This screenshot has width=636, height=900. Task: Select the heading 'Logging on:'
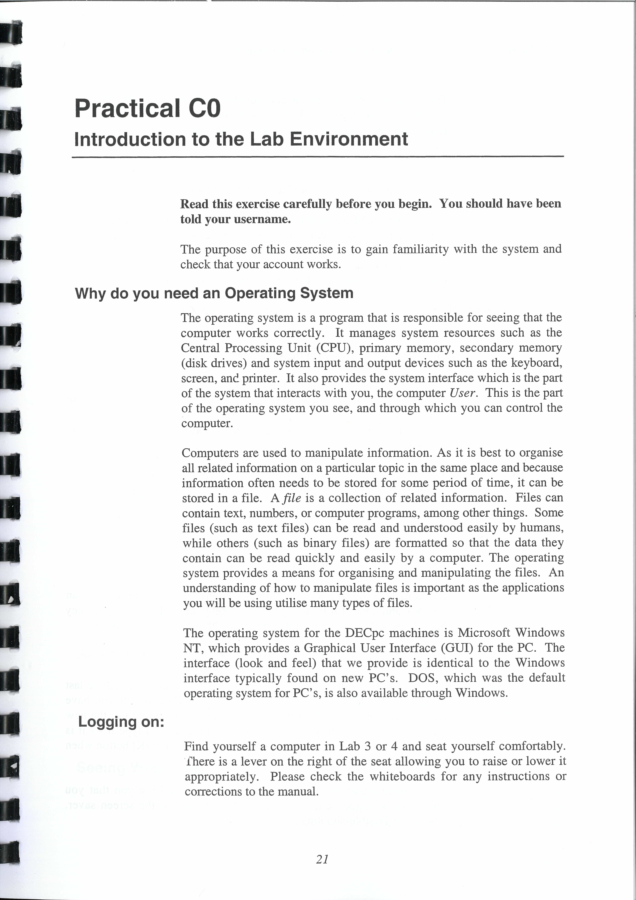coord(121,721)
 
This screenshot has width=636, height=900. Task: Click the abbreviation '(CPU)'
coord(334,348)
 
